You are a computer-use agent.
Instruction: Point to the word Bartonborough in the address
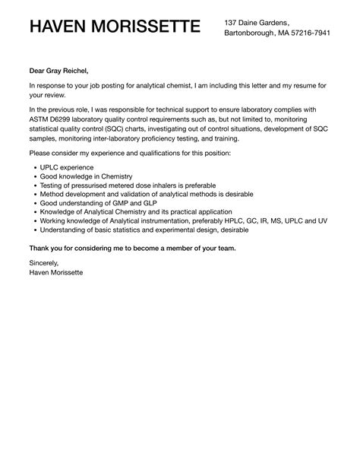[x=252, y=33]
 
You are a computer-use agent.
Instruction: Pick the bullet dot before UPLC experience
[x=32, y=166]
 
